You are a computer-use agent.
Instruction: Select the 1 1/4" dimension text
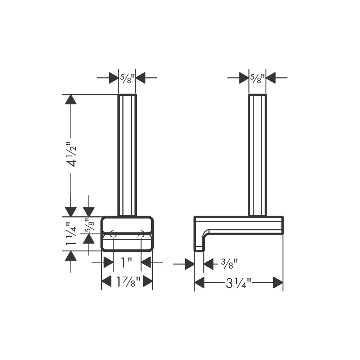(72, 234)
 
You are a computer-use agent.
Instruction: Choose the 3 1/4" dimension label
(238, 283)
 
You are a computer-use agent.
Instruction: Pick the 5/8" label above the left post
(127, 77)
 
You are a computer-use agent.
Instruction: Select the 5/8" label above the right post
(257, 77)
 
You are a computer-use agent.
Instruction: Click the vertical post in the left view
(127, 155)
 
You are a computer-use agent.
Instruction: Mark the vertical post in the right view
(257, 155)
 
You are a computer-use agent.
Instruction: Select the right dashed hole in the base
(141, 234)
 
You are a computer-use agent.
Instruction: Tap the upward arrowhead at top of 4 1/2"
(71, 100)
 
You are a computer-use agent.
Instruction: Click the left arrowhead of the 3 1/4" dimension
(200, 283)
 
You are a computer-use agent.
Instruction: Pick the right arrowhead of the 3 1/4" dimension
(278, 283)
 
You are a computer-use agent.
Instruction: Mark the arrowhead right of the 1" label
(146, 262)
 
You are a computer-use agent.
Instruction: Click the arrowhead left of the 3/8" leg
(190, 264)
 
